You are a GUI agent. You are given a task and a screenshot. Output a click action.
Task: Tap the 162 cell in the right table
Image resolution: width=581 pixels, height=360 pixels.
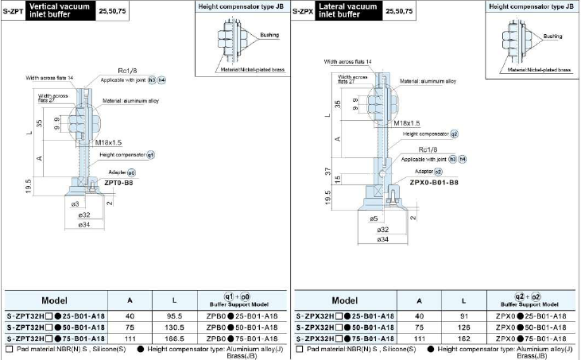462,338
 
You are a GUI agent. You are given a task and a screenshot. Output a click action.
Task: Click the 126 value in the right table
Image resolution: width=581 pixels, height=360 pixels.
462,327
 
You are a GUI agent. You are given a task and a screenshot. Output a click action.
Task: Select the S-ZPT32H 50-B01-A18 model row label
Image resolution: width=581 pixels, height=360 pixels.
55,327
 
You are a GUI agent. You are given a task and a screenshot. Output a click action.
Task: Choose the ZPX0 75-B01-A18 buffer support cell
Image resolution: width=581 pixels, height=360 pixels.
530,338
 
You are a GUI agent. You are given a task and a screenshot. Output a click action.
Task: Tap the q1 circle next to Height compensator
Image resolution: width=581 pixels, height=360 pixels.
150,154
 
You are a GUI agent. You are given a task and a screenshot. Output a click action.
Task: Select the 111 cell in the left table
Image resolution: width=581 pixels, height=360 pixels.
130,338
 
